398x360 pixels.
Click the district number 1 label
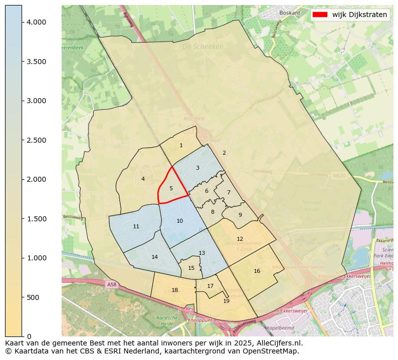(x=181, y=146)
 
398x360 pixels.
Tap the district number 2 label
(x=224, y=153)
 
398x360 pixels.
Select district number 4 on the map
(x=143, y=179)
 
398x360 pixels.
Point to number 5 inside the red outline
(x=171, y=189)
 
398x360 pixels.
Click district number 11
(x=136, y=227)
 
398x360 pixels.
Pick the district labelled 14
(x=154, y=257)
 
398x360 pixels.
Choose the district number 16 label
(x=257, y=271)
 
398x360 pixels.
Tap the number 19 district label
(x=226, y=301)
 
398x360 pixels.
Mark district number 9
(x=240, y=215)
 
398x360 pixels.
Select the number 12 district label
(x=240, y=239)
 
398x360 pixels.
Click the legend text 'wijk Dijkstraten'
(x=359, y=15)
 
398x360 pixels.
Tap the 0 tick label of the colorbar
(x=29, y=336)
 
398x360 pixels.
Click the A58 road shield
(x=111, y=284)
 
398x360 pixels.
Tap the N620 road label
(x=339, y=176)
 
